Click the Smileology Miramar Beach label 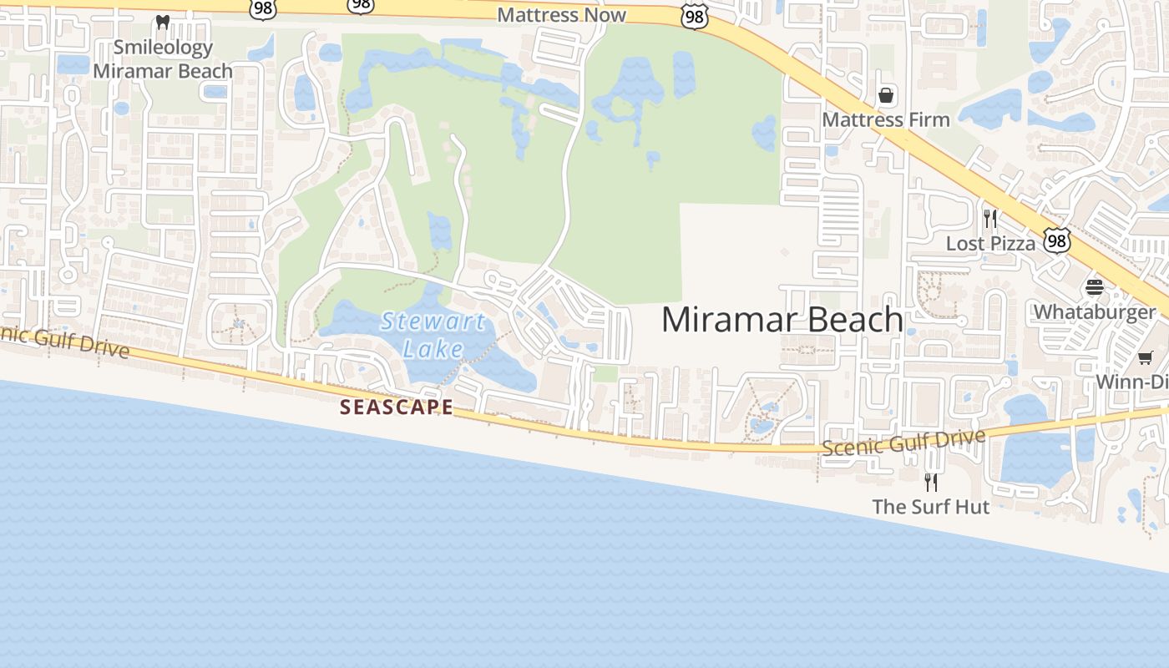point(163,59)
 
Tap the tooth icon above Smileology point(163,22)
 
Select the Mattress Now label point(561,15)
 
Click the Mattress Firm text point(886,119)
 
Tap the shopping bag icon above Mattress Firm point(886,95)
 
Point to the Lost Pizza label point(990,243)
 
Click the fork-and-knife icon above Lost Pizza point(990,219)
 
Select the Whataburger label point(1095,312)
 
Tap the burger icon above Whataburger point(1095,288)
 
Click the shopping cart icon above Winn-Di point(1145,358)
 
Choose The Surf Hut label point(931,507)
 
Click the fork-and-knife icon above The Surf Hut point(931,482)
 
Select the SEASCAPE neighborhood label point(397,407)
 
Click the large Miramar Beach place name point(782,320)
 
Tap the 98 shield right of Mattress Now point(695,17)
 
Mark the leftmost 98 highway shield point(262,8)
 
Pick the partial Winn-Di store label point(1131,382)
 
